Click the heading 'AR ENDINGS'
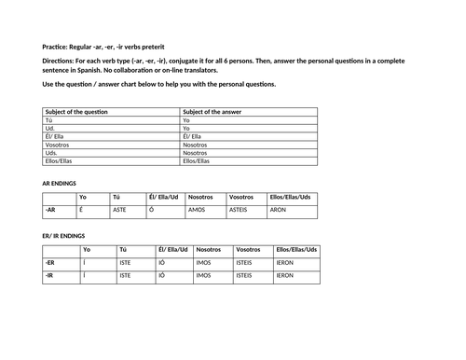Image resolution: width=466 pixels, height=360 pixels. coord(59,183)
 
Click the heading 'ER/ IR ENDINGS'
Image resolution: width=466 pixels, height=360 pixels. coord(64,236)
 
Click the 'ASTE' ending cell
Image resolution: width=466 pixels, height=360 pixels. coord(119,211)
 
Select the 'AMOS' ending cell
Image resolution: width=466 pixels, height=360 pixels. coord(197,211)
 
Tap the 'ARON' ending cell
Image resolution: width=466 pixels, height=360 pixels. coord(278,211)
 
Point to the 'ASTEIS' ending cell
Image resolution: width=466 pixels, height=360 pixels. coord(240,211)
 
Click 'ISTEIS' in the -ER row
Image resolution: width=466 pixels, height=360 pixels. coord(244,263)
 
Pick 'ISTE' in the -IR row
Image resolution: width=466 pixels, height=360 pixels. coord(126,276)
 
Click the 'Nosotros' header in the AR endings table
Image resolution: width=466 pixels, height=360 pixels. coord(200,197)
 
